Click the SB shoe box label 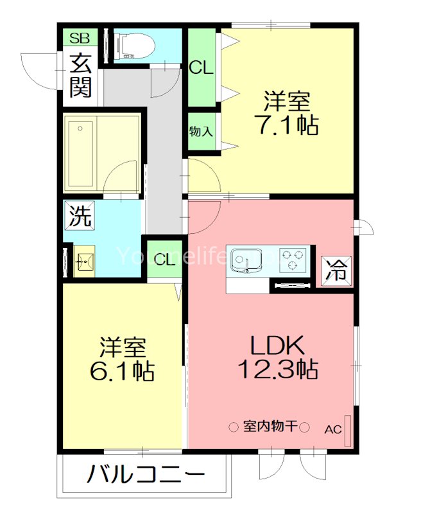point(81,37)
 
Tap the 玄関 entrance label point(81,76)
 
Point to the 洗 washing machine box point(80,215)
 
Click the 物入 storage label point(202,132)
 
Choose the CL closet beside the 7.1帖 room point(202,67)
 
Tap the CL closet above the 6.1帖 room point(164,260)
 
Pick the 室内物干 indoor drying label point(270,427)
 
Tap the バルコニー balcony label point(146,476)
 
